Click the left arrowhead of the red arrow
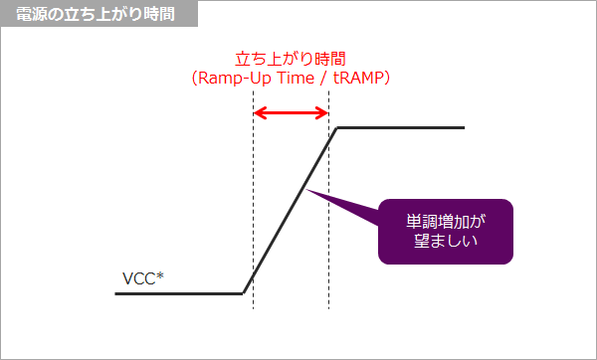click(x=258, y=112)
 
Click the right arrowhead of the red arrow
click(x=324, y=112)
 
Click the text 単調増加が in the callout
click(x=445, y=219)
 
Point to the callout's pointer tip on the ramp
click(x=309, y=189)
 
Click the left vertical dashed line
click(x=253, y=199)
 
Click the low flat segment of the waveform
click(x=179, y=293)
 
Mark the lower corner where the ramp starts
click(x=244, y=293)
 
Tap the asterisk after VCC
click(x=160, y=274)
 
